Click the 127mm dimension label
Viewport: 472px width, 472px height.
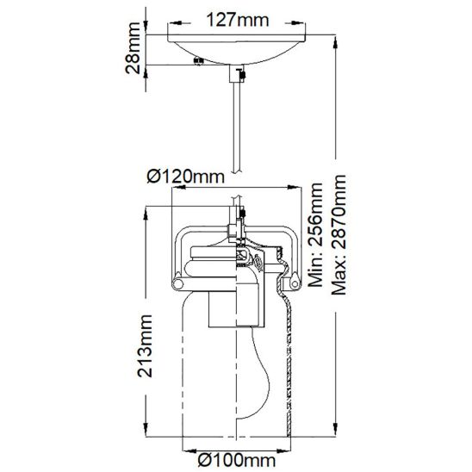click(237, 20)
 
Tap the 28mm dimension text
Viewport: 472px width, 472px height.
click(133, 48)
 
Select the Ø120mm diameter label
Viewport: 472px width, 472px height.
click(186, 177)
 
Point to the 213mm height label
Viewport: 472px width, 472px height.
click(145, 346)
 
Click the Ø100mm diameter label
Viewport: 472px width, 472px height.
click(237, 460)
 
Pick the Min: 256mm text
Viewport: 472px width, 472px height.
click(316, 235)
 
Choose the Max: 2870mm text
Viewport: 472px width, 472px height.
click(339, 235)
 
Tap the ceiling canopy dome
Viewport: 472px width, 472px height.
click(237, 50)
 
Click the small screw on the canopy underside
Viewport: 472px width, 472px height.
click(198, 60)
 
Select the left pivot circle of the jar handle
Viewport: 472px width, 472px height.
click(177, 284)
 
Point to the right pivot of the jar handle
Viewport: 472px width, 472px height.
click(295, 283)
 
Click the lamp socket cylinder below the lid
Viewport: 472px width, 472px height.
click(237, 309)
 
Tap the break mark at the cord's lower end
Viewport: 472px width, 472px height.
click(237, 171)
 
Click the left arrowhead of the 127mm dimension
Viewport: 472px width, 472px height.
click(176, 23)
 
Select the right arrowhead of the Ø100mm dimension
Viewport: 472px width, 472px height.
click(283, 450)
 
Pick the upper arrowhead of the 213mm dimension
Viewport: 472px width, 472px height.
click(146, 214)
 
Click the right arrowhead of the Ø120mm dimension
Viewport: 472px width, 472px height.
click(294, 188)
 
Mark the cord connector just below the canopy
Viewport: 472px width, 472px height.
click(237, 73)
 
